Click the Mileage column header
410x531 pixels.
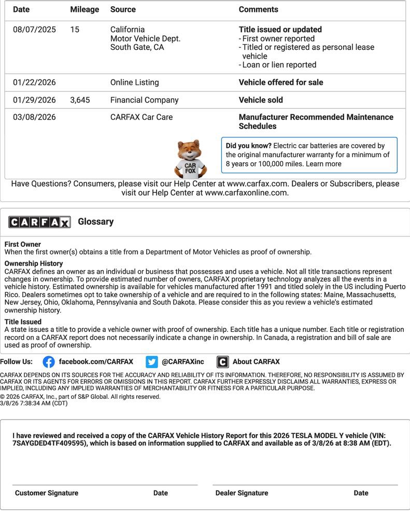point(84,9)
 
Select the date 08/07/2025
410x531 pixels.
point(34,30)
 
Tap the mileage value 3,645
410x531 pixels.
point(80,100)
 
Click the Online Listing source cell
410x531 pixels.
point(134,82)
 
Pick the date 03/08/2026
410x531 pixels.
point(34,117)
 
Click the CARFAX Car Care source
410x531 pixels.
point(142,117)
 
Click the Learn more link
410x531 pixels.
point(323,164)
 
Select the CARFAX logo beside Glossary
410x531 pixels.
point(39,222)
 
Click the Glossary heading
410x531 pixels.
point(95,221)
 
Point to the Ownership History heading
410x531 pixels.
point(34,263)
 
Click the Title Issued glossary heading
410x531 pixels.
point(23,322)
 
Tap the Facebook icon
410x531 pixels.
point(49,362)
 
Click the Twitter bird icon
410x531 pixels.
point(152,362)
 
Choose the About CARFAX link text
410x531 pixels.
point(256,362)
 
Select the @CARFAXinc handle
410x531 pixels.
point(183,362)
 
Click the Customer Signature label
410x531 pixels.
point(47,493)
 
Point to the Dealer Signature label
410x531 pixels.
point(242,493)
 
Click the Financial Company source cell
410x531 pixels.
point(144,100)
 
